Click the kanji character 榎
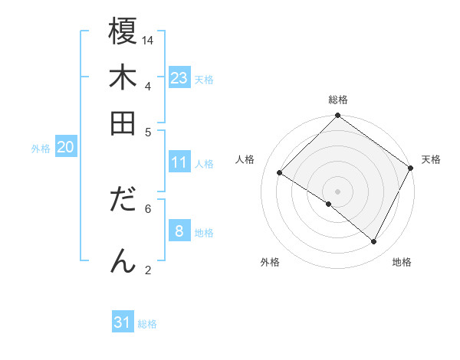123,32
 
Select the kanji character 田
123,123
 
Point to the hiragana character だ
123,200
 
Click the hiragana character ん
123,260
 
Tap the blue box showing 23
179,78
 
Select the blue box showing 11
179,162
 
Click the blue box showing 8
179,231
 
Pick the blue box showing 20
66,148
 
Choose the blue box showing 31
123,322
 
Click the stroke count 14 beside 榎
148,40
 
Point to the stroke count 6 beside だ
148,208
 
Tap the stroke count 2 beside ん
148,269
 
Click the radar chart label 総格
337,100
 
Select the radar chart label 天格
431,159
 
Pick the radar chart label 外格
270,262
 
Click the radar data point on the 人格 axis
280,173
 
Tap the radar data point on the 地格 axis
374,242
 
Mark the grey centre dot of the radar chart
337,191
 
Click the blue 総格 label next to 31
147,324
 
